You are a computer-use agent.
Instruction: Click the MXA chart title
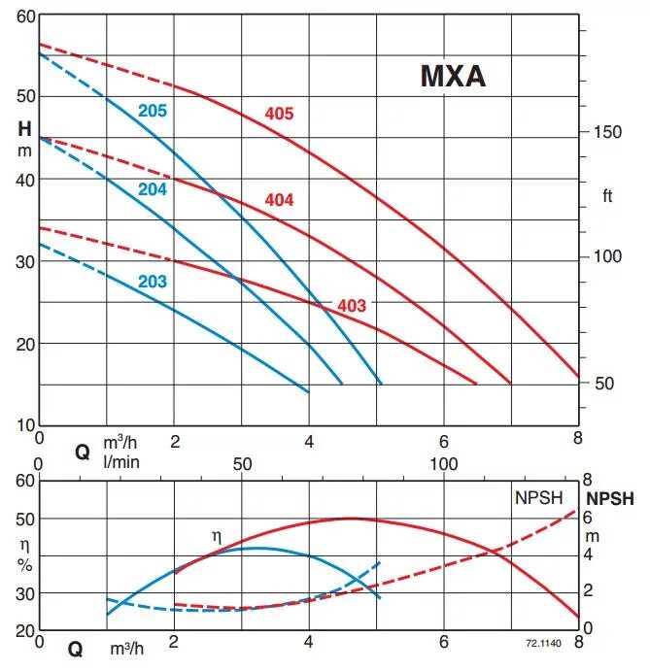tap(452, 77)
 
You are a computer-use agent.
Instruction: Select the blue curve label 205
tap(153, 111)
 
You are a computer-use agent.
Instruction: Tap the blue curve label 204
tap(153, 189)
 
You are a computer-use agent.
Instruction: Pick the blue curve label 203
tap(153, 283)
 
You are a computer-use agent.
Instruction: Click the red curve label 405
tap(279, 115)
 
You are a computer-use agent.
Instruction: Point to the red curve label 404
tap(279, 200)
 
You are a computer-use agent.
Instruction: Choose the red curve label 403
tap(352, 306)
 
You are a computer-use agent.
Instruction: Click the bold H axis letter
tap(24, 127)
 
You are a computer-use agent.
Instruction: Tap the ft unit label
tap(608, 196)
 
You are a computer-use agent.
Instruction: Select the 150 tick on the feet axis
tap(609, 131)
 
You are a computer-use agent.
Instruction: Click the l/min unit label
tap(120, 461)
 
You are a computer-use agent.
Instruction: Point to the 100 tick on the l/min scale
tap(443, 463)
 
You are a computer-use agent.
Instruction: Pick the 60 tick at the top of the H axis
tap(25, 17)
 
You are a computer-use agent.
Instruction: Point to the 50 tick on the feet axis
tap(604, 383)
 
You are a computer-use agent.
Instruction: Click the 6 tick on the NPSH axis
tap(588, 518)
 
